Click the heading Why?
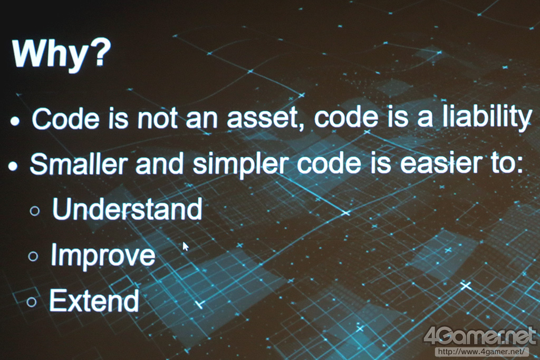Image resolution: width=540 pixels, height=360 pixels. point(61,54)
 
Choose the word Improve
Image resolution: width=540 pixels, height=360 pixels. point(103,255)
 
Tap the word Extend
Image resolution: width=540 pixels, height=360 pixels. point(94,300)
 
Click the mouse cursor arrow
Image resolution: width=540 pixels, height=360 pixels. point(185,247)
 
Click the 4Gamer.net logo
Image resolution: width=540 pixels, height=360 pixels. point(480,336)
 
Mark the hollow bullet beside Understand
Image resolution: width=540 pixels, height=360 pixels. point(35,211)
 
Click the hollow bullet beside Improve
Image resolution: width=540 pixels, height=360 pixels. point(33,256)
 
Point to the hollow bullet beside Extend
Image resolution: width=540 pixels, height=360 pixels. point(31,302)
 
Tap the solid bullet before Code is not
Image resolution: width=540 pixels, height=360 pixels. point(14,121)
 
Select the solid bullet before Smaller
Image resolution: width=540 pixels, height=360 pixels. point(13,167)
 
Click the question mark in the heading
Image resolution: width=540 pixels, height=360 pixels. point(100,52)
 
